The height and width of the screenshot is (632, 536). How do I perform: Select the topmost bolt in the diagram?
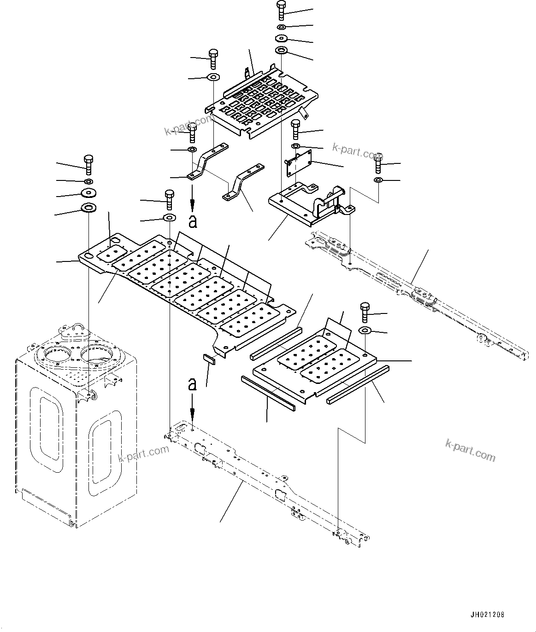click(x=281, y=10)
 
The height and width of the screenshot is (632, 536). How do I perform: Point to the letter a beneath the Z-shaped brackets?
click(x=193, y=221)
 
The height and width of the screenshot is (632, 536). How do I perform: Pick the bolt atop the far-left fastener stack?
click(x=88, y=164)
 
